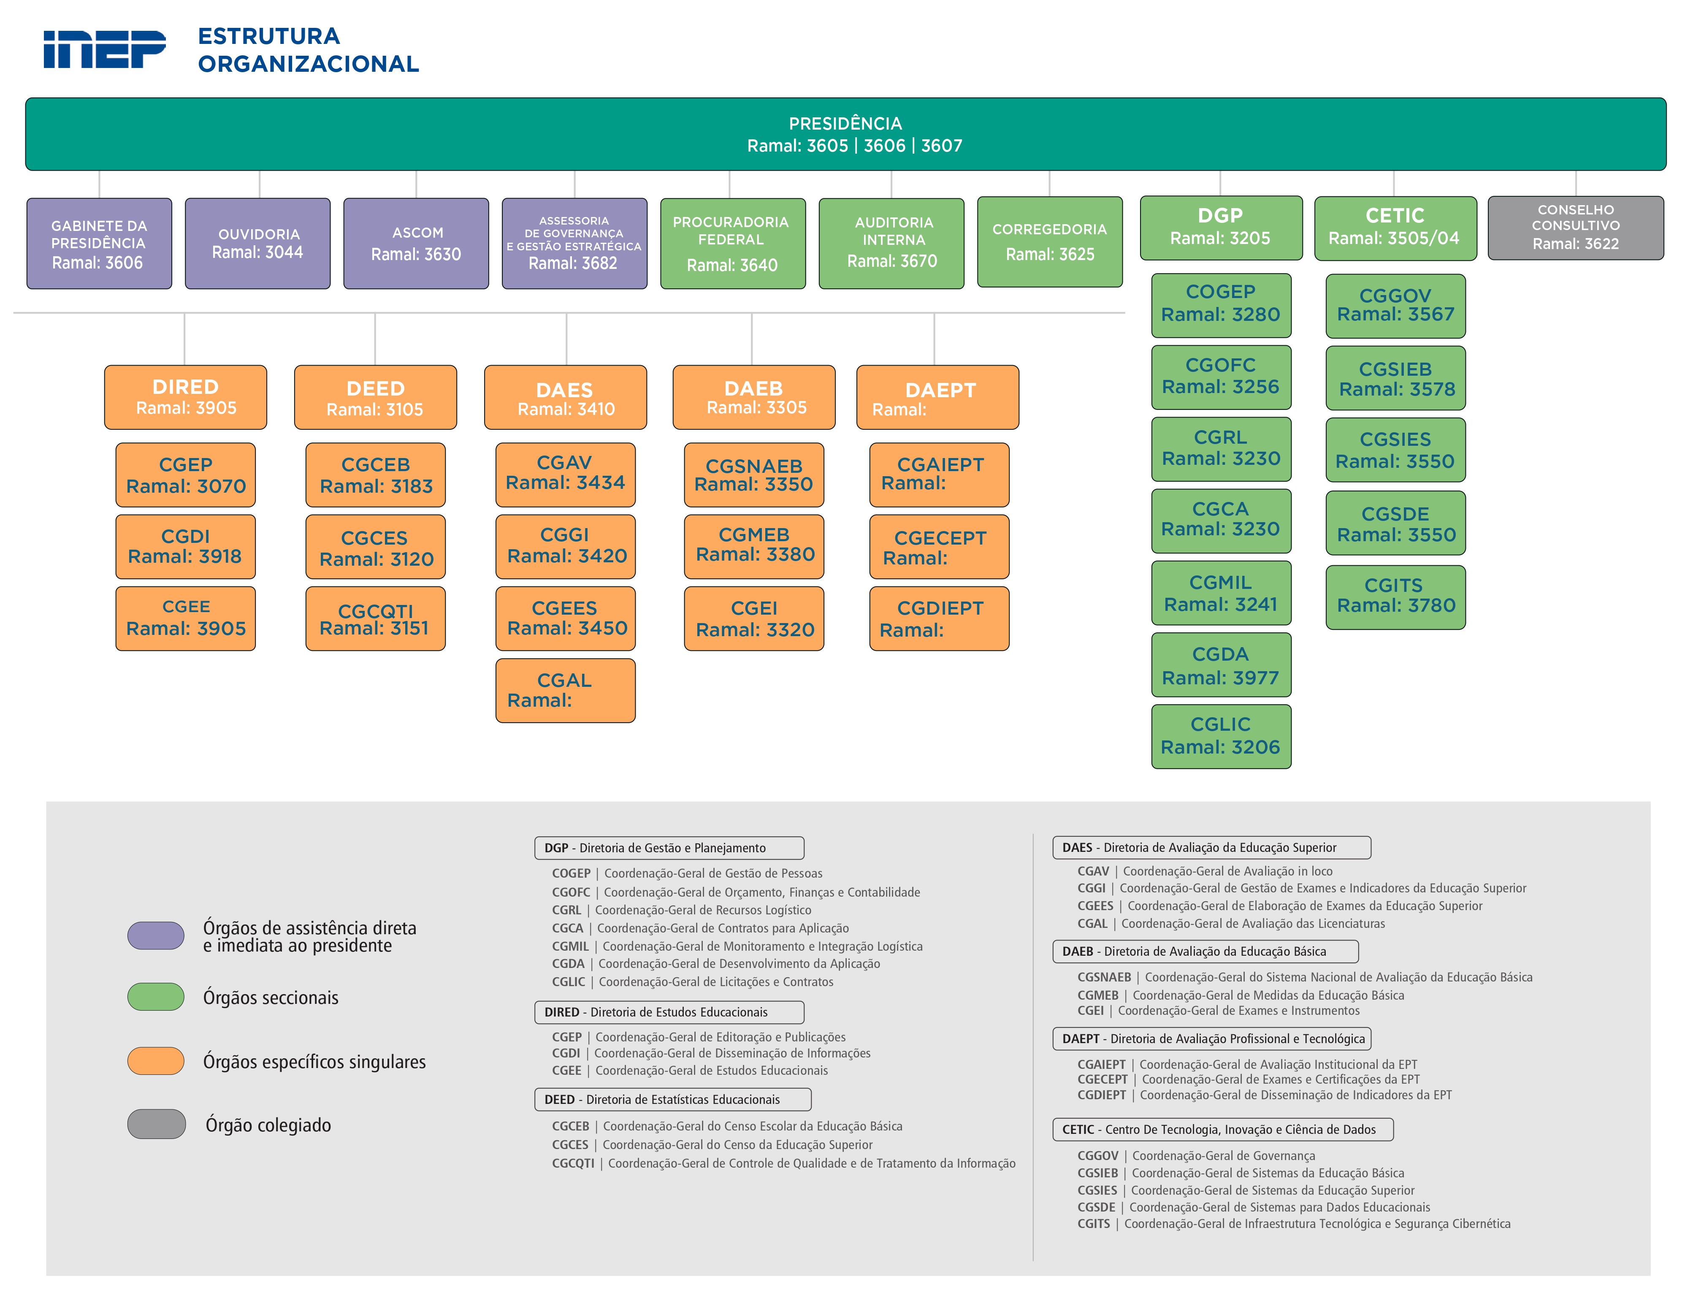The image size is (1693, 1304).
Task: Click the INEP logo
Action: pos(105,50)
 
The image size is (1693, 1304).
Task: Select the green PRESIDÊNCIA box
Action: pos(845,134)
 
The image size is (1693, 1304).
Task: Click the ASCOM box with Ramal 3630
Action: pos(416,244)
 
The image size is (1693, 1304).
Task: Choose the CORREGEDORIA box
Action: pos(1050,242)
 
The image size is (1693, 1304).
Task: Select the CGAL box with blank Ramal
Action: pos(565,690)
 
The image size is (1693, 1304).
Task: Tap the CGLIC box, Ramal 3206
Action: pos(1221,736)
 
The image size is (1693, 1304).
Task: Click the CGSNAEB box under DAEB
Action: pos(753,474)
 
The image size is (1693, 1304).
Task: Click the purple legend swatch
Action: pos(156,935)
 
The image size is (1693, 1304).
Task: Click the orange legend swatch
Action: pos(156,1060)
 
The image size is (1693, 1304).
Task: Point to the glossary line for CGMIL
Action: pos(737,946)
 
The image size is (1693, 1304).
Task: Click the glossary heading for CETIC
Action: pos(1222,1129)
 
